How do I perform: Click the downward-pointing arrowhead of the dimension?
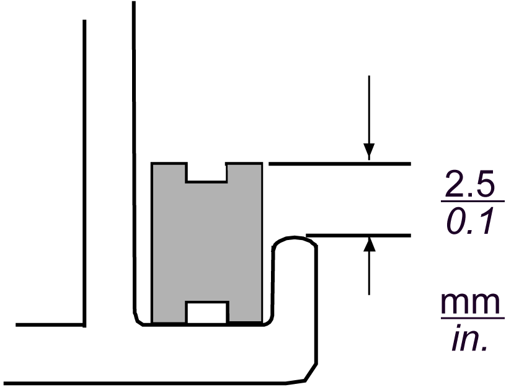point(369,151)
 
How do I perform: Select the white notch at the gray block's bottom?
point(205,312)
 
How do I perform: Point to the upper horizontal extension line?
point(339,164)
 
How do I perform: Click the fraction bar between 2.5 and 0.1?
point(472,202)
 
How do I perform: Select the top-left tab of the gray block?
point(169,172)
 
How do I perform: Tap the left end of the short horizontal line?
point(17,324)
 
